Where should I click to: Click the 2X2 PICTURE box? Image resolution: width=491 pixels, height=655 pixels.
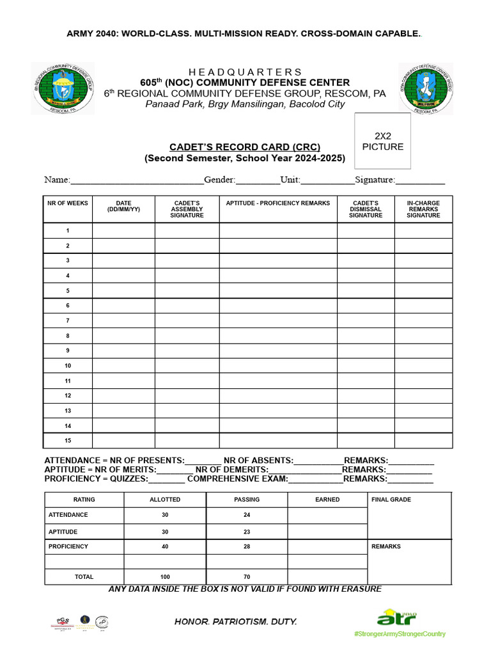pyautogui.click(x=383, y=141)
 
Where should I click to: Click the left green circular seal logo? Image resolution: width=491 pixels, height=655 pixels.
pyautogui.click(x=62, y=88)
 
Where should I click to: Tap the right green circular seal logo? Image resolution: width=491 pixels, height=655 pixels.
pyautogui.click(x=426, y=88)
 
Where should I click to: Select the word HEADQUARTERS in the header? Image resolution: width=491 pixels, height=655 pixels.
pyautogui.click(x=245, y=72)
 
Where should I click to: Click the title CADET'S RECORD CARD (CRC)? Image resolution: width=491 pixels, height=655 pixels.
pyautogui.click(x=245, y=146)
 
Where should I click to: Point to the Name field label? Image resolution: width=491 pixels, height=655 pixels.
pyautogui.click(x=56, y=180)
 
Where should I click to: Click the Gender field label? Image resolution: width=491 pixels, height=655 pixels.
pyautogui.click(x=220, y=180)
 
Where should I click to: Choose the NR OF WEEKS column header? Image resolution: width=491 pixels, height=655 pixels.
pyautogui.click(x=68, y=203)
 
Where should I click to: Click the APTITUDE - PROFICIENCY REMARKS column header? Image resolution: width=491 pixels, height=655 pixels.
pyautogui.click(x=278, y=203)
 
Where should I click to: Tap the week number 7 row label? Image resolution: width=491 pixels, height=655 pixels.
pyautogui.click(x=68, y=320)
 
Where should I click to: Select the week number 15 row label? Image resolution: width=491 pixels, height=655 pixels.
pyautogui.click(x=68, y=441)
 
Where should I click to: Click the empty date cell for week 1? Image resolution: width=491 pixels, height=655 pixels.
pyautogui.click(x=123, y=230)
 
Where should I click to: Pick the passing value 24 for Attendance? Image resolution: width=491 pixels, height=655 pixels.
pyautogui.click(x=247, y=515)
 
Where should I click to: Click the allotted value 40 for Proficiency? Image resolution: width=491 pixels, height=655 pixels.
pyautogui.click(x=165, y=547)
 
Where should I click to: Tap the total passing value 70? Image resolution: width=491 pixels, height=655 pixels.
pyautogui.click(x=247, y=577)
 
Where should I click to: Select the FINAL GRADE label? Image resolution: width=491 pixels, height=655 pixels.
pyautogui.click(x=391, y=500)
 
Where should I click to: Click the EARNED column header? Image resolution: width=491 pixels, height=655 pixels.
pyautogui.click(x=327, y=500)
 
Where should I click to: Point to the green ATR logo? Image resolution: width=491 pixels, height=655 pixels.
pyautogui.click(x=396, y=618)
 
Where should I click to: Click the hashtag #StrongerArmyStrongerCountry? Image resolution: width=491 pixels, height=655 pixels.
pyautogui.click(x=400, y=634)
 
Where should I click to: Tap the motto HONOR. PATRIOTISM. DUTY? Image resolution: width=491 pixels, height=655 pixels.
pyautogui.click(x=236, y=622)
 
